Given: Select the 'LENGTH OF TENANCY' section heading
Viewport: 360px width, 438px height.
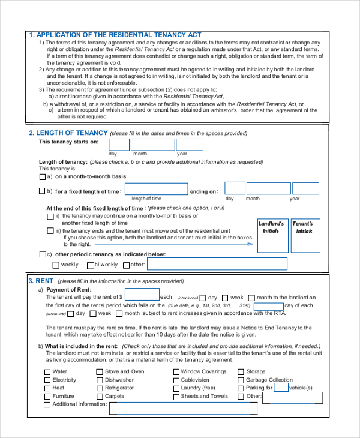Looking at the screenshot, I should coord(71,133).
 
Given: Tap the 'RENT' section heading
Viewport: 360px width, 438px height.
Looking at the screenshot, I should coord(44,280).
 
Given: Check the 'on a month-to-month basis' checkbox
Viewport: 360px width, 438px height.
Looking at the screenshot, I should coord(41,177).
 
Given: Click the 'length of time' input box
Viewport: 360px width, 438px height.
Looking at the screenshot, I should coord(155,188).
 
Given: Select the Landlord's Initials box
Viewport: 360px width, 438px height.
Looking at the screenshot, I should coord(271,235).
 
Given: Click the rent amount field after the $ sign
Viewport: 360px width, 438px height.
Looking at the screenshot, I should coord(142,295).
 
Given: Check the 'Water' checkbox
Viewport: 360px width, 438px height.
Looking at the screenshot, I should coord(47,372).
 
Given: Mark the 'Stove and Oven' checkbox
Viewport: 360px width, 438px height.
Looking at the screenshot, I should coord(100,372).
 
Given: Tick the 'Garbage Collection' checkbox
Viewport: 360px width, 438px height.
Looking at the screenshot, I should coord(241,380).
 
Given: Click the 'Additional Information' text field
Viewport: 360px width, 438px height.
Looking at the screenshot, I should coord(183,409).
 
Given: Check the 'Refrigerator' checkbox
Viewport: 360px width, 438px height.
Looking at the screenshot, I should coord(100,388).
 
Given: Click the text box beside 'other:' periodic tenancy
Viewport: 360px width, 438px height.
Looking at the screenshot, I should coord(217,264).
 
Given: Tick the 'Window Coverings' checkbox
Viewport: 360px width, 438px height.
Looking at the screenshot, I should coord(176,372).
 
